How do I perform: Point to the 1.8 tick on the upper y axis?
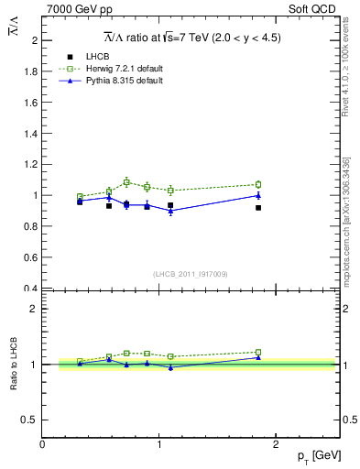pyautogui.click(x=30, y=71)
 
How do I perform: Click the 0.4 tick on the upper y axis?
pyautogui.click(x=30, y=289)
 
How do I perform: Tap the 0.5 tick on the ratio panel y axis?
pyautogui.click(x=30, y=420)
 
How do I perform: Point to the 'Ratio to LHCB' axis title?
pyautogui.click(x=14, y=365)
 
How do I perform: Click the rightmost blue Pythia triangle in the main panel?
pyautogui.click(x=258, y=195)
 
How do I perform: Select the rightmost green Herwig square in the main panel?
pyautogui.click(x=258, y=184)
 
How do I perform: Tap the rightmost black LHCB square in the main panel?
pyautogui.click(x=258, y=208)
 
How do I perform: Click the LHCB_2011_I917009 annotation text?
pyautogui.click(x=190, y=273)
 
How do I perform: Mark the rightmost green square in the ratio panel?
pyautogui.click(x=258, y=352)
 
